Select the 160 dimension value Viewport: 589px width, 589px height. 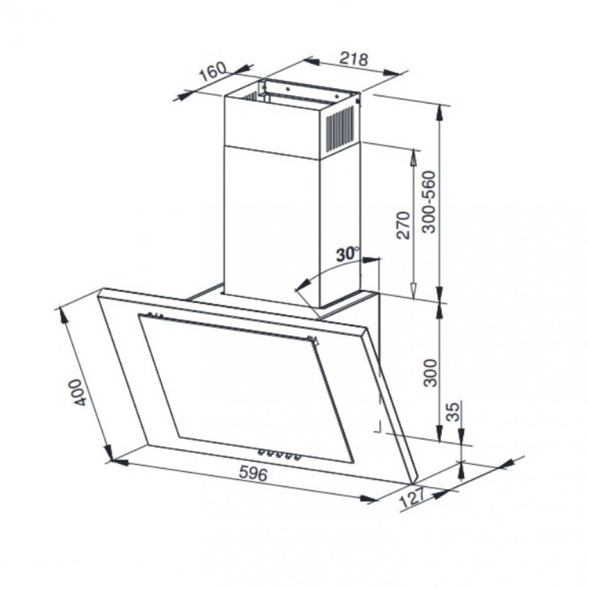pyautogui.click(x=213, y=71)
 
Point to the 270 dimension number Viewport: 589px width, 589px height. pyautogui.click(x=403, y=225)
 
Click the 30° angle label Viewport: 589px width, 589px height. pyautogui.click(x=347, y=254)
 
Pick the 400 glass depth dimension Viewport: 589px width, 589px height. pyautogui.click(x=80, y=392)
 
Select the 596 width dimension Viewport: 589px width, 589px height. pyautogui.click(x=253, y=474)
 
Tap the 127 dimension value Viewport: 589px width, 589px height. pyautogui.click(x=412, y=498)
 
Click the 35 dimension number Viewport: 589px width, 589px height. pyautogui.click(x=454, y=412)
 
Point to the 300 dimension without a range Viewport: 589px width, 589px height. pyautogui.click(x=431, y=373)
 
